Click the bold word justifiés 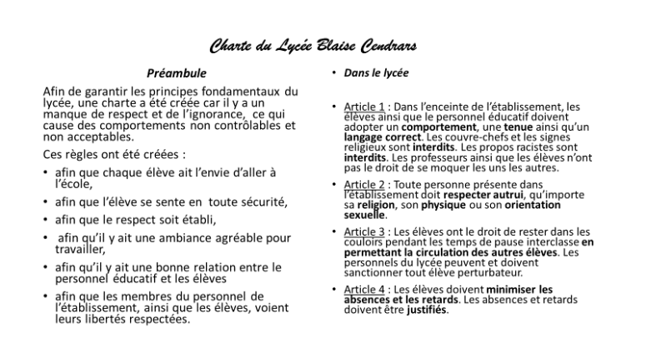tap(428, 311)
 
